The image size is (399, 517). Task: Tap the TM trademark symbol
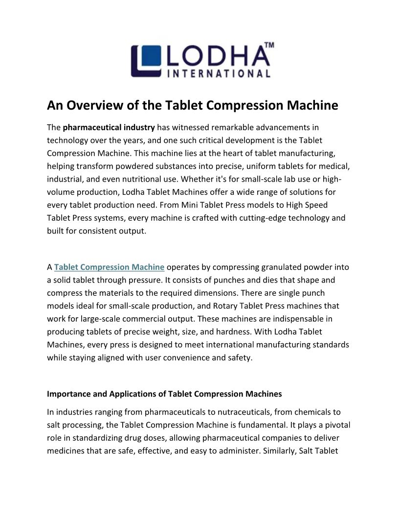(x=268, y=45)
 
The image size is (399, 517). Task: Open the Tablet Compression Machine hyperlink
(x=109, y=267)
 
